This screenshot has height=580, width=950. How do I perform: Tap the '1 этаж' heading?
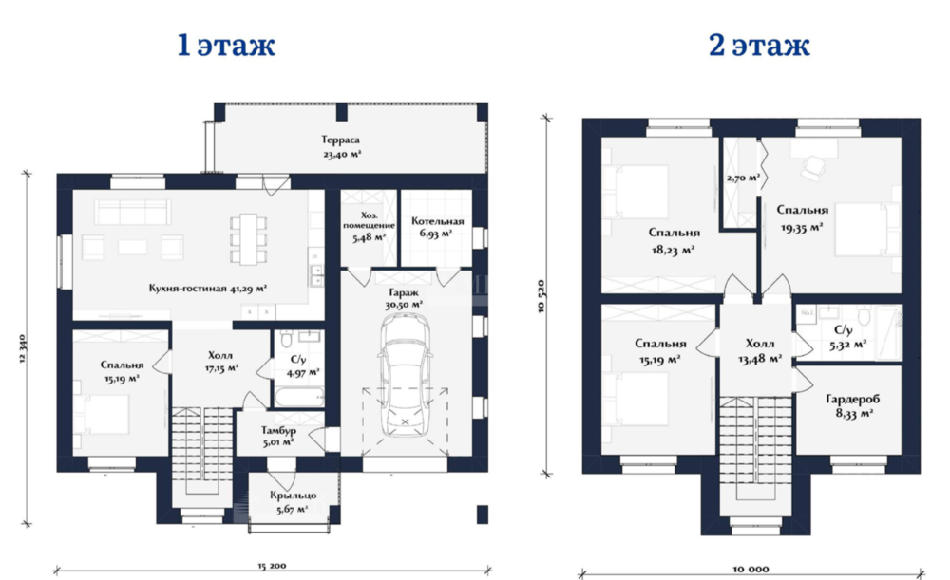coord(227,45)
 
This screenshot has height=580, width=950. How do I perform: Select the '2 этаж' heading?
coord(759,45)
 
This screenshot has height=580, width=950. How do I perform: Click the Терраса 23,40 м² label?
coord(341,147)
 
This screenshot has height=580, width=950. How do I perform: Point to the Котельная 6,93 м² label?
coord(437,227)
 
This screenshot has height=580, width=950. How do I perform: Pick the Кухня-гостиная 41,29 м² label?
coord(208,289)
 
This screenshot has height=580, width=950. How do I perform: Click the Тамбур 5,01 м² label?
coord(278,436)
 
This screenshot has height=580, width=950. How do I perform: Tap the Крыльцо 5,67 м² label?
coord(294,502)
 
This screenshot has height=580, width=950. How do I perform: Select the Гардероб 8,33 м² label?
coord(853,406)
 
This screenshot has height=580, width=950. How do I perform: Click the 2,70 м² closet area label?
coord(743,178)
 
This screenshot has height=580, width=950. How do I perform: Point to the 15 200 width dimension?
coord(272,566)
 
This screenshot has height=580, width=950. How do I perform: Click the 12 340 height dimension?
coord(23,348)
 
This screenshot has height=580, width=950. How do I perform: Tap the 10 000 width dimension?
coord(750,570)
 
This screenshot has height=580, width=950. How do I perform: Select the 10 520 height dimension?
coord(541,296)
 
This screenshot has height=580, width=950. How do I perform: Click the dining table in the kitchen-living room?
coord(248,239)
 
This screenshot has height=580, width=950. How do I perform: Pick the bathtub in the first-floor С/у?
coord(298,398)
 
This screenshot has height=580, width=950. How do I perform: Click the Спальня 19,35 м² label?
coord(802,218)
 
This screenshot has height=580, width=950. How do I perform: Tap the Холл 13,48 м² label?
coord(760,351)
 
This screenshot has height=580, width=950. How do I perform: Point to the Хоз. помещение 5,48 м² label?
coord(369,227)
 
